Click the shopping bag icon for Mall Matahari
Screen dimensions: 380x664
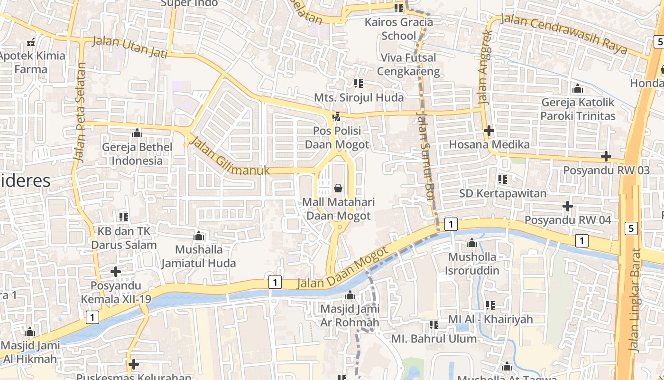tap(338, 189)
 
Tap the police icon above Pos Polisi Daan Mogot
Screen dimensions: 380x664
tap(337, 116)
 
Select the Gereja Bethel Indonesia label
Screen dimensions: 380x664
tap(137, 154)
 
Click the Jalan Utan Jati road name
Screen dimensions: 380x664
tap(129, 47)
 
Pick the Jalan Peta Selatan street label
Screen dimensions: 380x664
tap(80, 112)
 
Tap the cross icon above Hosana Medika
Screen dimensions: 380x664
tap(489, 131)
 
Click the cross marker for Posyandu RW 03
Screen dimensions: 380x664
tap(606, 156)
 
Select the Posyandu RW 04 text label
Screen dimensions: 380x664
tap(568, 220)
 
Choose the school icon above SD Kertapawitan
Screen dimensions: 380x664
tap(503, 180)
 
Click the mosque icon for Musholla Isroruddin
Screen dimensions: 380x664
tap(472, 243)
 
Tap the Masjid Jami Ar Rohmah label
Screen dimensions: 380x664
tap(350, 316)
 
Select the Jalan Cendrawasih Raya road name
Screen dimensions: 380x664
tap(564, 35)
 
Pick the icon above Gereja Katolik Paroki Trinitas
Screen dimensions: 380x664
tap(578, 88)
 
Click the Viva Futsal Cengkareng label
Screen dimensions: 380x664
tap(410, 65)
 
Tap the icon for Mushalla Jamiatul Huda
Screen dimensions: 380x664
tap(199, 236)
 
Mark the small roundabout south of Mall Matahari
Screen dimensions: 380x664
tap(340, 228)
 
